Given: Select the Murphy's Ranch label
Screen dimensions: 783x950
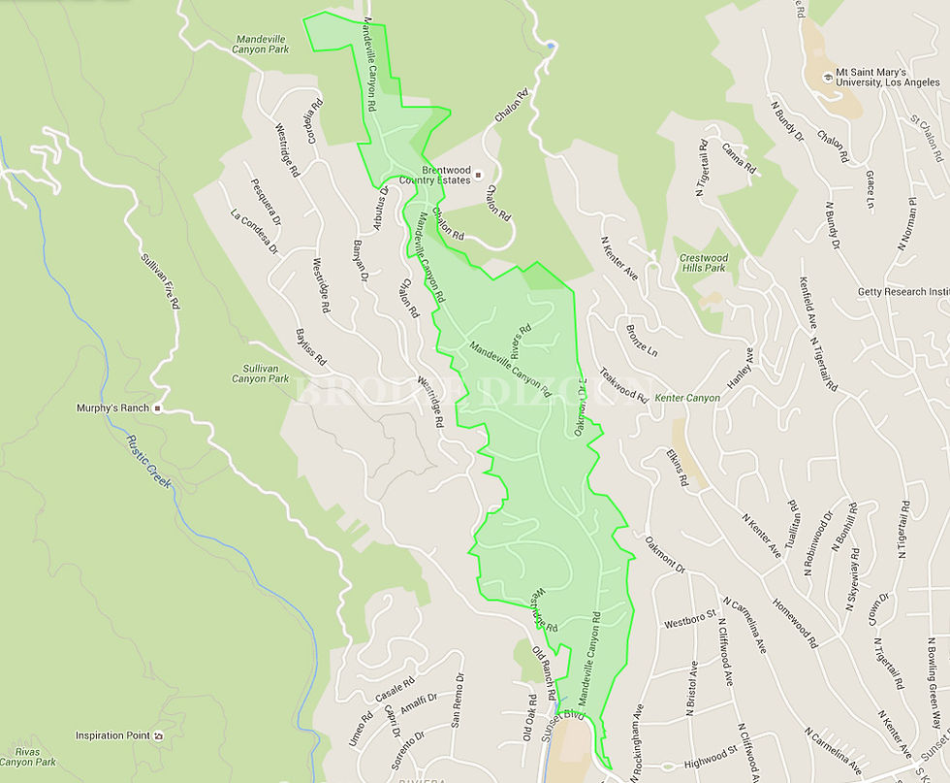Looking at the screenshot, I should (x=112, y=408).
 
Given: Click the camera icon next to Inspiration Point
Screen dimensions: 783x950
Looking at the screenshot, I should (x=158, y=736).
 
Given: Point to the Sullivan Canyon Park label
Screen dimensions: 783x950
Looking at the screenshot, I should (x=260, y=373).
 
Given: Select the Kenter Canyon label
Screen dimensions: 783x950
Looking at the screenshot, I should (x=687, y=398).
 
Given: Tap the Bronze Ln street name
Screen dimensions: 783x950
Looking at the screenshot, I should (x=641, y=337).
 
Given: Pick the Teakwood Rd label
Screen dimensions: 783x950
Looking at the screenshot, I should (x=622, y=383).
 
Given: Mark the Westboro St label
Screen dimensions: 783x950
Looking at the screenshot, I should (x=689, y=618).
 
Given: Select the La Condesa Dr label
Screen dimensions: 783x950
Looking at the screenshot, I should (x=254, y=232).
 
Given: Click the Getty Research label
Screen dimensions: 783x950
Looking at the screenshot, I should (x=902, y=292).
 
